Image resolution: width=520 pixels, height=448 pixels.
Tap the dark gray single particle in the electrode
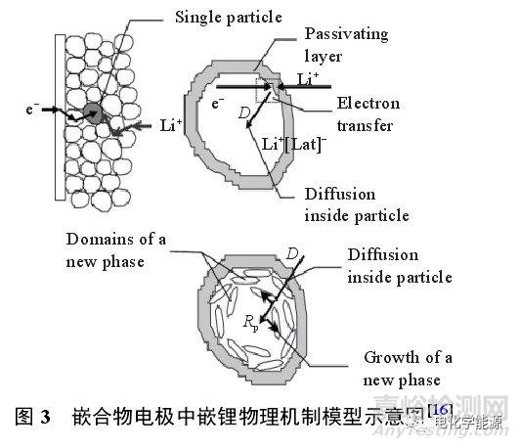point(94,113)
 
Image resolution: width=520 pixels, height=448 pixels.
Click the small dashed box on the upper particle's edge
point(266,89)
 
